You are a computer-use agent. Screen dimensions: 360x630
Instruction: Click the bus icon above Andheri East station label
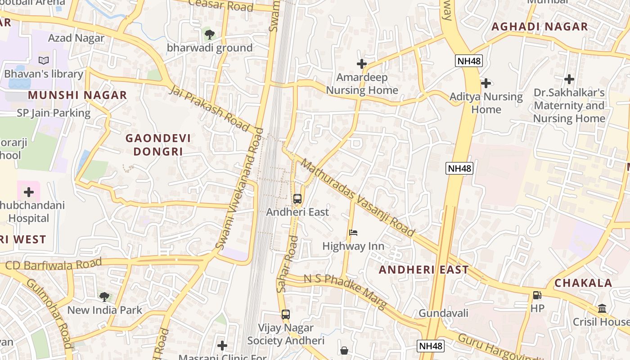click(x=297, y=198)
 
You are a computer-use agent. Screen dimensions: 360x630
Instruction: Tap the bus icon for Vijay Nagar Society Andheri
click(x=285, y=315)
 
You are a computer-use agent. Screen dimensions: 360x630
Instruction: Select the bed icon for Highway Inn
click(x=353, y=233)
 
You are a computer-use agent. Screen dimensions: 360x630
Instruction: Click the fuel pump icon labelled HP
click(x=537, y=295)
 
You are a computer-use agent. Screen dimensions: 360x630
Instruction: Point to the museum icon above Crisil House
click(x=602, y=309)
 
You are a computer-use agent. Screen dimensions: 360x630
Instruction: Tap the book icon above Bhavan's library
click(x=43, y=61)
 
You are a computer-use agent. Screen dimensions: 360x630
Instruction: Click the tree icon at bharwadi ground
click(x=209, y=34)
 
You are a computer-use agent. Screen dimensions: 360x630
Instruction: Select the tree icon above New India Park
click(x=104, y=297)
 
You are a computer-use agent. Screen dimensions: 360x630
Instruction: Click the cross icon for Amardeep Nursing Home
click(x=362, y=64)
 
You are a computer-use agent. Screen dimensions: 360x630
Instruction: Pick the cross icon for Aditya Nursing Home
click(x=486, y=83)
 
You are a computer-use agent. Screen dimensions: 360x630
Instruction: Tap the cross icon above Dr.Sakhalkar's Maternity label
click(x=569, y=80)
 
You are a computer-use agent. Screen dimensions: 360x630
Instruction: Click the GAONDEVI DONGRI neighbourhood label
click(x=158, y=145)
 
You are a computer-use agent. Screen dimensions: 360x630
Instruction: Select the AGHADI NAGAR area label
click(x=540, y=27)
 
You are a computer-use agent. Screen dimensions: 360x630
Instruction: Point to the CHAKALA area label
click(x=583, y=283)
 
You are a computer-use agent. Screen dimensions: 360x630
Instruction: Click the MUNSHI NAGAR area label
click(x=77, y=95)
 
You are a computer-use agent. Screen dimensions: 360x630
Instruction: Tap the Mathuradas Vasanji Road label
click(x=357, y=198)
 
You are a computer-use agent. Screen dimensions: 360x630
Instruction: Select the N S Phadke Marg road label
click(x=345, y=291)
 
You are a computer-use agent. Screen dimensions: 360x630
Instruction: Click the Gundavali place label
click(x=443, y=313)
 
